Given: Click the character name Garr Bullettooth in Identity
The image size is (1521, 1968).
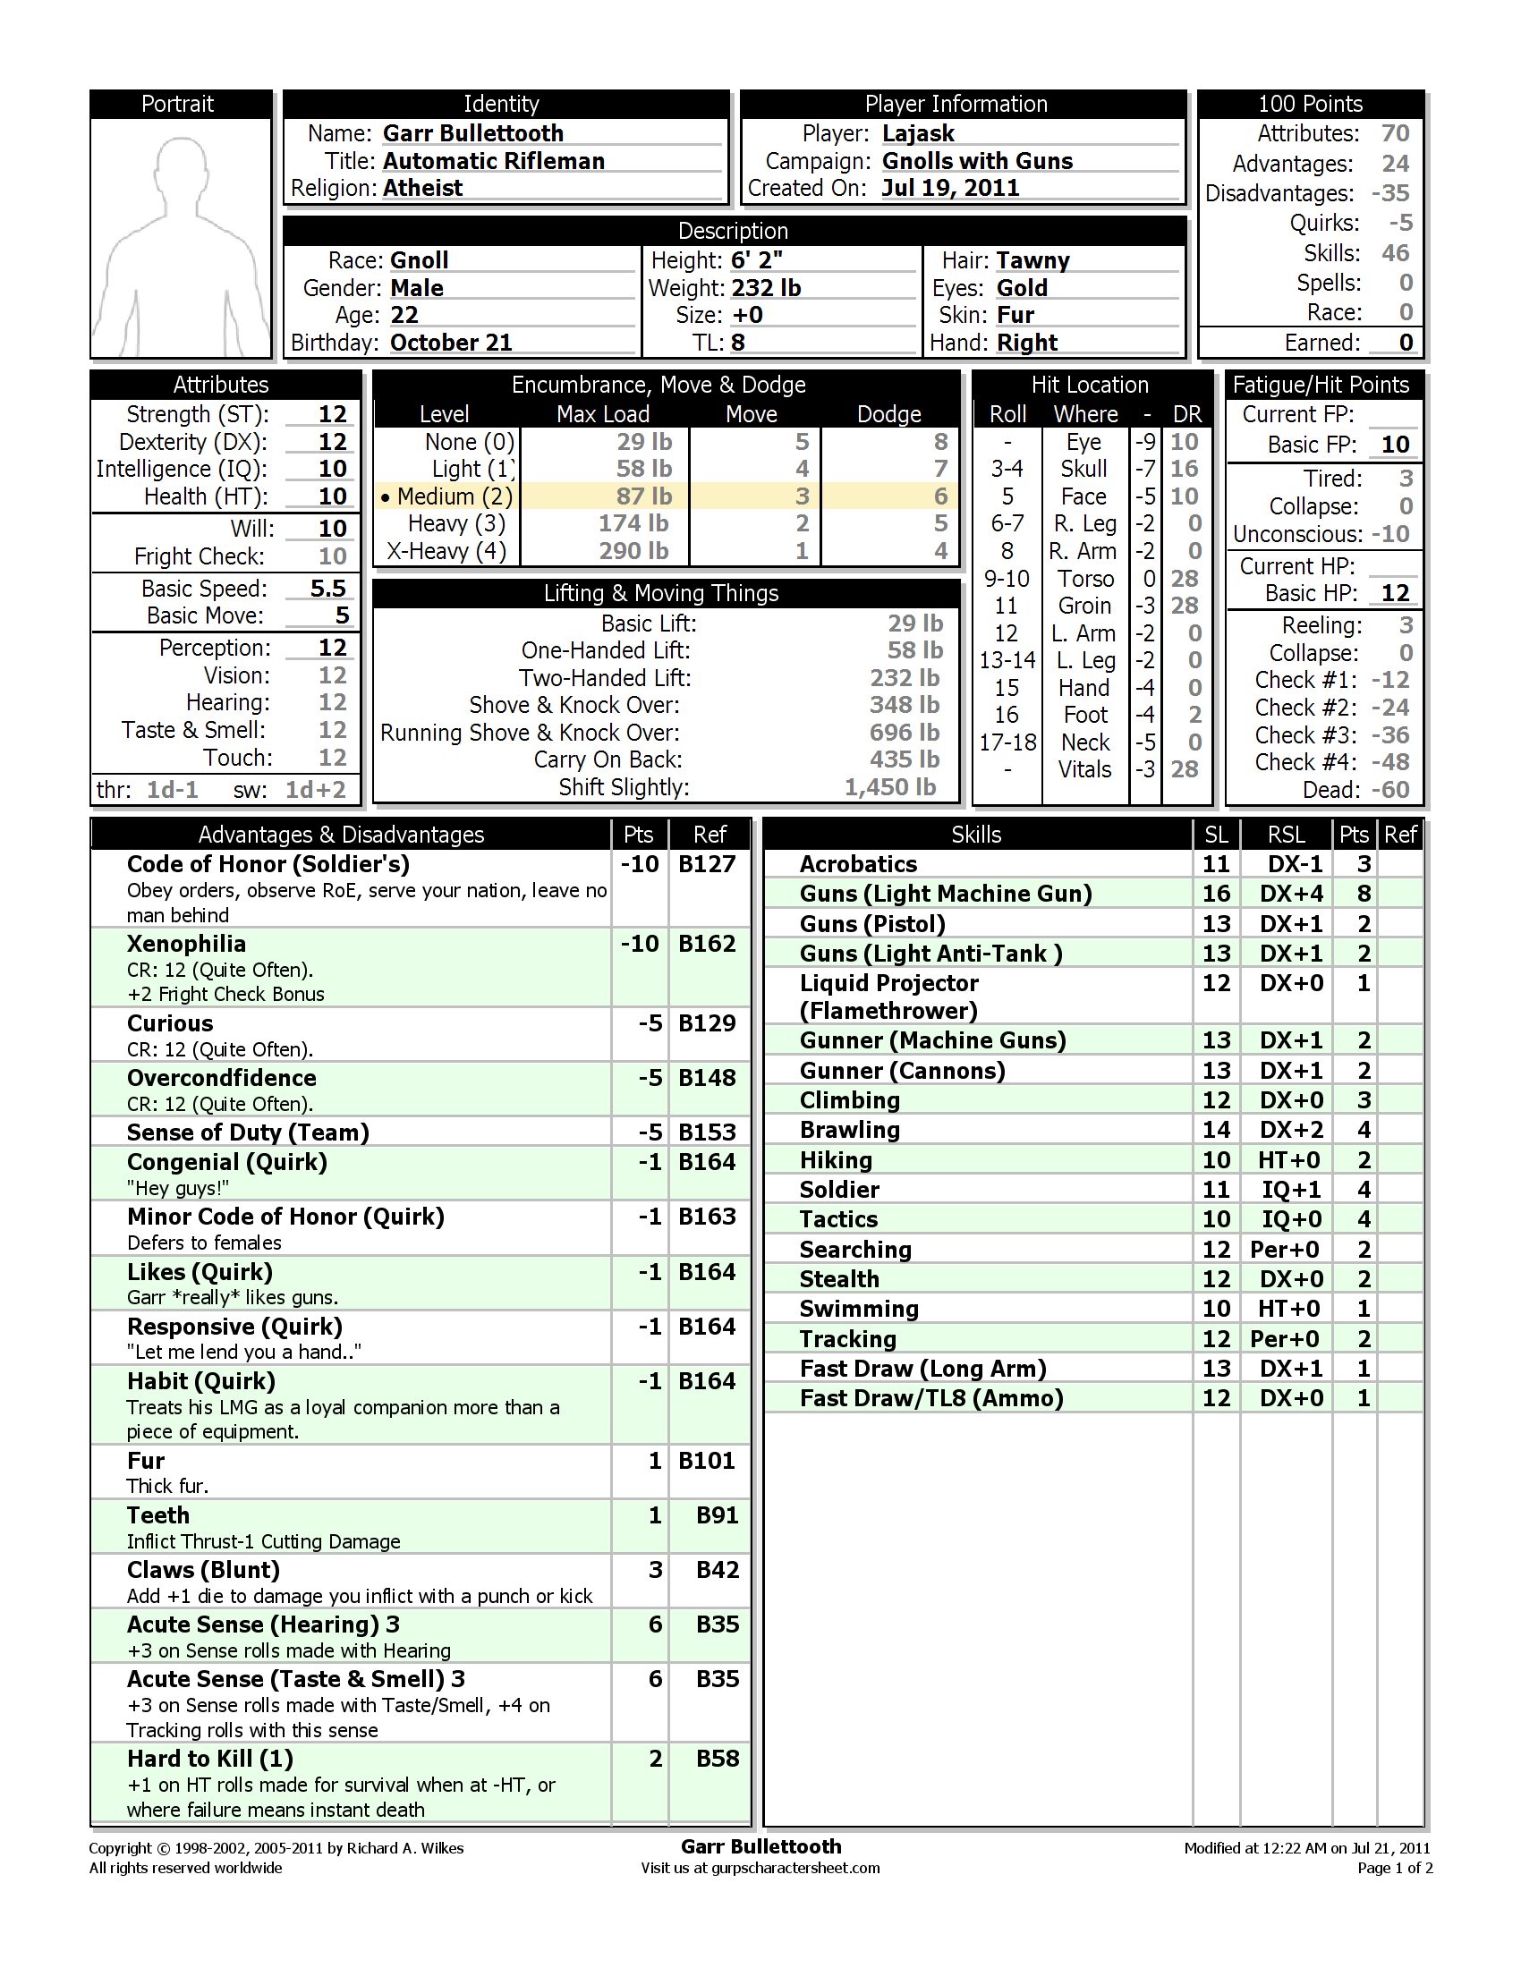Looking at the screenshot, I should pos(472,133).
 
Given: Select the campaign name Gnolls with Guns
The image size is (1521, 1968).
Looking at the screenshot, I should pos(977,161).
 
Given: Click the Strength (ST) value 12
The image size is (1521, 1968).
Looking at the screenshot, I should pos(332,414).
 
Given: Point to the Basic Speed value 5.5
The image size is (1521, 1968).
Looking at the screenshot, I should pos(328,589).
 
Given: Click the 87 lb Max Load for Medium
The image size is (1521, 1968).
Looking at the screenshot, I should pos(643,496).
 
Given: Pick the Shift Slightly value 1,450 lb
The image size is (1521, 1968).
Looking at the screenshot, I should pos(889,787).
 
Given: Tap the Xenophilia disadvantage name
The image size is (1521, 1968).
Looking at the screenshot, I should pos(185,944).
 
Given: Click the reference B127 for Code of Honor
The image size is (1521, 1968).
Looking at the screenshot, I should pos(707,864).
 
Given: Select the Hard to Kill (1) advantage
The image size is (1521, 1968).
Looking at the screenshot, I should pos(210,1759).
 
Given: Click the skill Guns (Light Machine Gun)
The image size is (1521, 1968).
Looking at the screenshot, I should pos(945,894).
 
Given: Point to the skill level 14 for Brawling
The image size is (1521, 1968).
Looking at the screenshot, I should pos(1216,1130).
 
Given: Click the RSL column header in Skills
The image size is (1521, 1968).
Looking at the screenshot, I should pos(1286,835).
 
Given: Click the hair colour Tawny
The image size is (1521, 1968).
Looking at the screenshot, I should pos(1032,260).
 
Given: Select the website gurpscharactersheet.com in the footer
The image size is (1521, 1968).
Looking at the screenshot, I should pos(794,1868).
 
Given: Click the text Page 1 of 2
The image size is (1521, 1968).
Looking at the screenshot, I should pos(1394,1868).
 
